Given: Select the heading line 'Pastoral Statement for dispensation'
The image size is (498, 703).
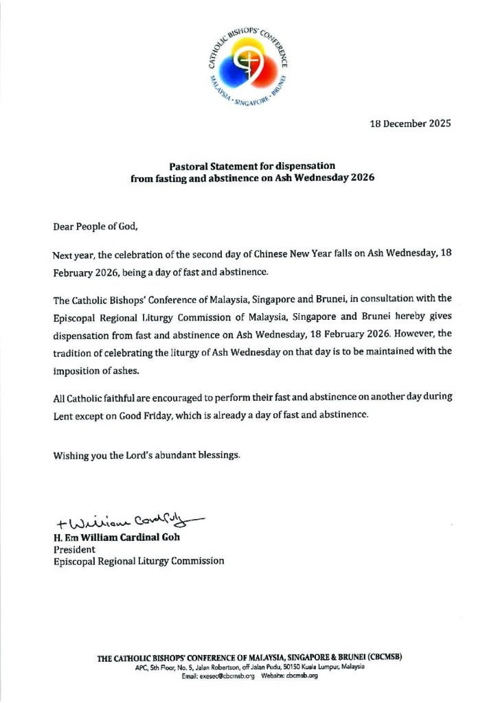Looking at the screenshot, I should click(x=252, y=166).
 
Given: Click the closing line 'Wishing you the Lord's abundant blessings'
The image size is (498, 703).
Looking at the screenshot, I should click(x=146, y=456).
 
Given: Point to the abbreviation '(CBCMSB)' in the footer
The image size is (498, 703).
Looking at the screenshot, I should click(x=379, y=656).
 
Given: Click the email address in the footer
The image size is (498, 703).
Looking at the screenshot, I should click(x=228, y=676).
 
